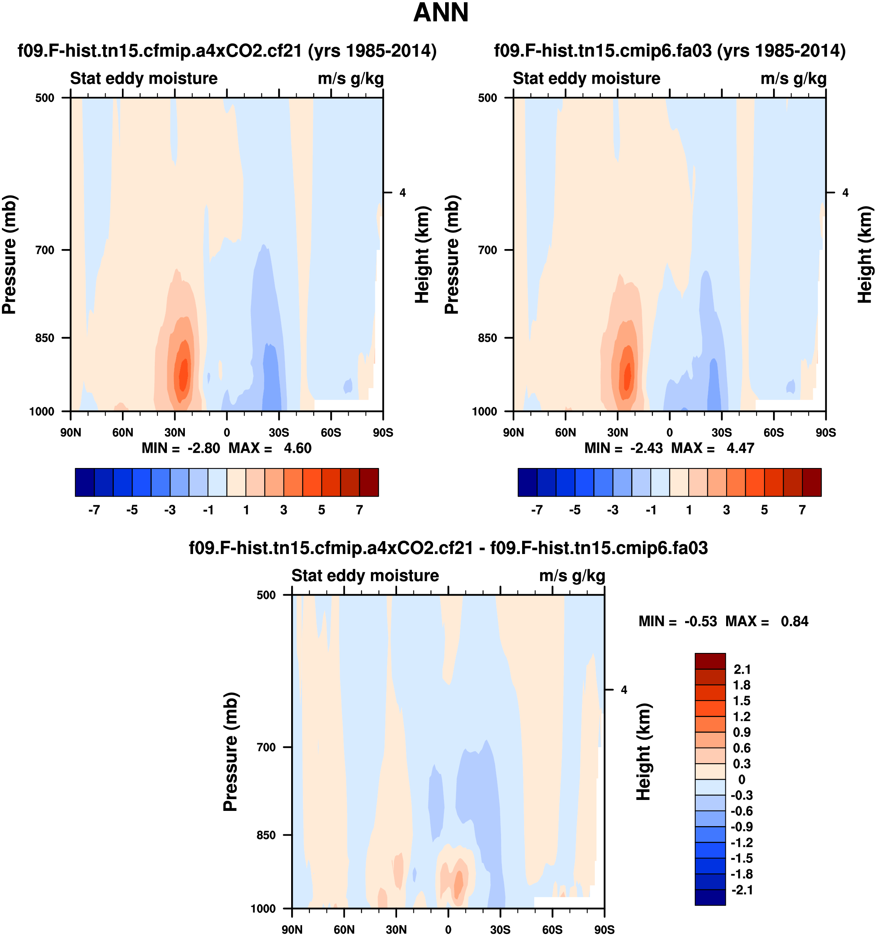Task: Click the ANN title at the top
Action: [x=440, y=13]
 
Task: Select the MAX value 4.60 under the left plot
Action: [x=297, y=448]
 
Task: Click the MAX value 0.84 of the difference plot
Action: [x=795, y=622]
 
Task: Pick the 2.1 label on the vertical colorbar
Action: [x=742, y=669]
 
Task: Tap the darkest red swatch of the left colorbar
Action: [x=369, y=482]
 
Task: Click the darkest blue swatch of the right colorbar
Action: [x=527, y=482]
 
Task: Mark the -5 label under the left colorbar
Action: [x=132, y=510]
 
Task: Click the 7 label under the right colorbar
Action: [x=802, y=510]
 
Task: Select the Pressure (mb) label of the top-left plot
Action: [x=9, y=254]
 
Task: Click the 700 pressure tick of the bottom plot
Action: [x=267, y=747]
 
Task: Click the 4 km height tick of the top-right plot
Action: [x=845, y=193]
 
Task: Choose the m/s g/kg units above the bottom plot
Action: [x=572, y=576]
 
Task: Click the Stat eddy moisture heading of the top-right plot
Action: [x=587, y=79]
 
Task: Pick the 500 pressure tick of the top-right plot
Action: [x=488, y=98]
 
